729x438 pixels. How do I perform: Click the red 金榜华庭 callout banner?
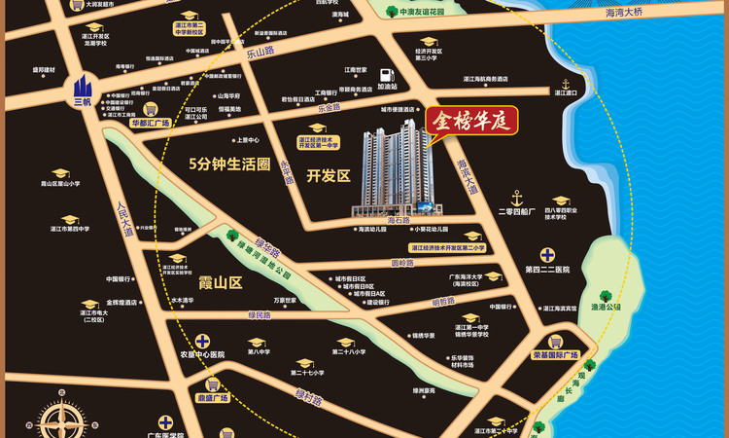[x=471, y=122]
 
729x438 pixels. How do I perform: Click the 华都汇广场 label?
[x=150, y=124]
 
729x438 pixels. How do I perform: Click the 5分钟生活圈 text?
[x=228, y=164]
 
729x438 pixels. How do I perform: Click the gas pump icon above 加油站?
[x=387, y=74]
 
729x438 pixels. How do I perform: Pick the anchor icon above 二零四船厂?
[x=518, y=197]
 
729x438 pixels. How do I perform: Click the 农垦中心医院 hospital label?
[x=202, y=354]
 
